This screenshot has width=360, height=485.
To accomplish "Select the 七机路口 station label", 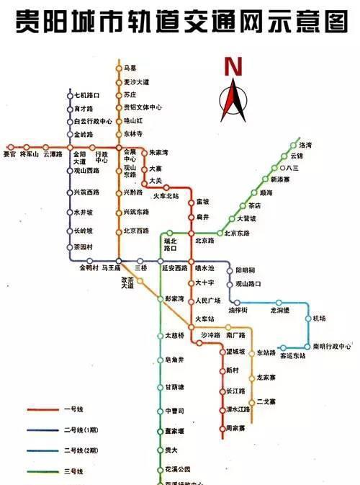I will tap(86, 95).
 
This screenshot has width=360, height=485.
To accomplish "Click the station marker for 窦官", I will tap(9, 146).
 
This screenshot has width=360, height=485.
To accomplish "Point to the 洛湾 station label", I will tap(305, 145).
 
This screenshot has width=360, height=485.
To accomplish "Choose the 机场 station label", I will tap(320, 319).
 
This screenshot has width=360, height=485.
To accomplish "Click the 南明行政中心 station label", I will tap(331, 346).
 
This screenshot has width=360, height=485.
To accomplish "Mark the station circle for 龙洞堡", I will tap(279, 303).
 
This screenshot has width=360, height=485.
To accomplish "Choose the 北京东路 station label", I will tap(237, 233).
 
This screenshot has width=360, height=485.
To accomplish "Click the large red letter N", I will tap(233, 67).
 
